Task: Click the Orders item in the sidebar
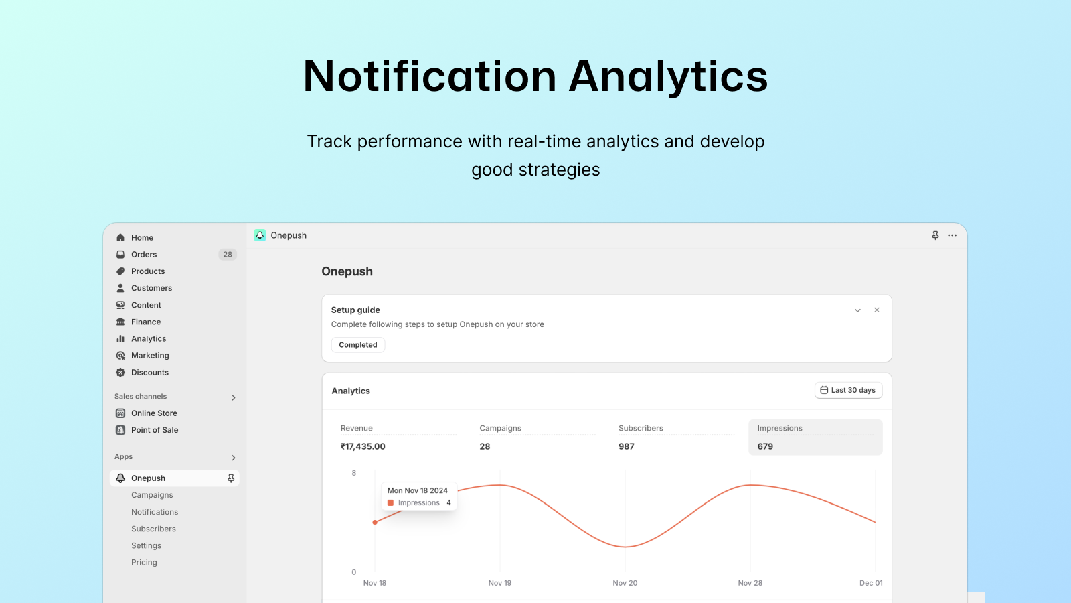click(x=143, y=254)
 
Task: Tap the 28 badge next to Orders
click(x=228, y=254)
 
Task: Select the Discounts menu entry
click(x=150, y=373)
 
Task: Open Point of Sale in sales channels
click(x=155, y=429)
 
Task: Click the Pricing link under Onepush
click(x=144, y=562)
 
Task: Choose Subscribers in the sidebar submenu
click(x=153, y=529)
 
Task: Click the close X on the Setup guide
click(x=877, y=310)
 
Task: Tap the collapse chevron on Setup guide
click(x=857, y=310)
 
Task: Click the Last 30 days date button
click(x=849, y=390)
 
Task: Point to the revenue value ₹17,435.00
click(x=363, y=446)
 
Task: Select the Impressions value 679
click(x=765, y=446)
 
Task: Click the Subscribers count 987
click(x=627, y=446)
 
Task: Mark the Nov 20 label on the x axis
click(x=625, y=583)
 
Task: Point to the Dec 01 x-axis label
click(x=871, y=583)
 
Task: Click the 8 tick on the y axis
click(x=354, y=473)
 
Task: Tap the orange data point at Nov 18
click(x=375, y=522)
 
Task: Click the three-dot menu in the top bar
click(x=953, y=235)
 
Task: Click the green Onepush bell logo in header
click(x=260, y=235)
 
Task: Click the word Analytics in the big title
click(x=668, y=76)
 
